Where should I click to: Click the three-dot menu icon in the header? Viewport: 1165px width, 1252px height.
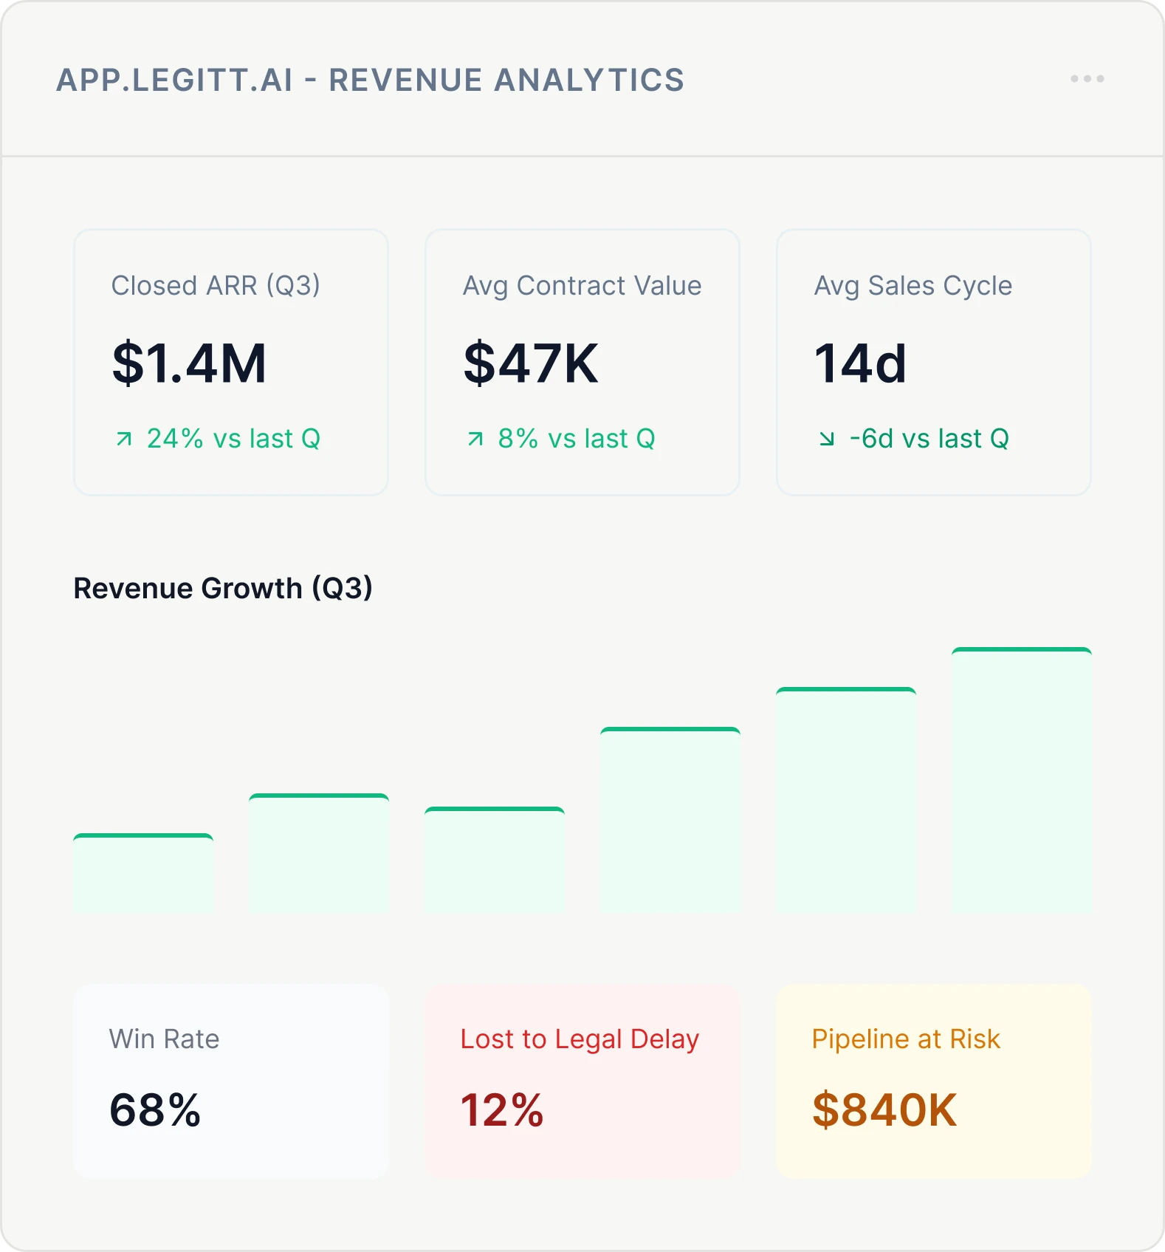tap(1087, 78)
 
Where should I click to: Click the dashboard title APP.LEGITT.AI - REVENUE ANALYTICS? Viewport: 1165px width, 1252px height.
tap(370, 80)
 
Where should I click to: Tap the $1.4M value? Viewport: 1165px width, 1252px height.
tap(189, 363)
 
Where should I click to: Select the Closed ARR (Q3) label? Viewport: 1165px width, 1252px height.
tap(216, 285)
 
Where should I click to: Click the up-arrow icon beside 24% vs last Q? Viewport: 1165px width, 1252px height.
tap(124, 439)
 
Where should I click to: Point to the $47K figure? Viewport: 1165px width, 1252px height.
tap(530, 363)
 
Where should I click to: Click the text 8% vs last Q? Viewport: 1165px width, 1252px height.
tap(576, 439)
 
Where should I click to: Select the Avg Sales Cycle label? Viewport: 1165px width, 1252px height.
tap(913, 285)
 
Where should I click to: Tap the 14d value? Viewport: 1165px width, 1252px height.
tap(859, 363)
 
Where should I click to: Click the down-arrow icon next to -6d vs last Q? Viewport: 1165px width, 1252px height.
tap(827, 439)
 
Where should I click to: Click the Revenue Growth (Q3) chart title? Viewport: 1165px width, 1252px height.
tap(223, 588)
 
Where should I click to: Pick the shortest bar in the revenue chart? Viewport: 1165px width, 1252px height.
tap(143, 872)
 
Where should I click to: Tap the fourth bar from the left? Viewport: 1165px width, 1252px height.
tap(670, 819)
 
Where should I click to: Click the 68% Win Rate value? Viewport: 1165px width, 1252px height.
tap(155, 1109)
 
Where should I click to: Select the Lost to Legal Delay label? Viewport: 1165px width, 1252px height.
tap(579, 1039)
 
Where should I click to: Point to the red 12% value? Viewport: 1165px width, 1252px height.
tap(502, 1109)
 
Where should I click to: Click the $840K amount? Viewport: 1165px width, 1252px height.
tap(884, 1109)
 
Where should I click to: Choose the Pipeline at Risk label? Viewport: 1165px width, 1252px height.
tap(905, 1039)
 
